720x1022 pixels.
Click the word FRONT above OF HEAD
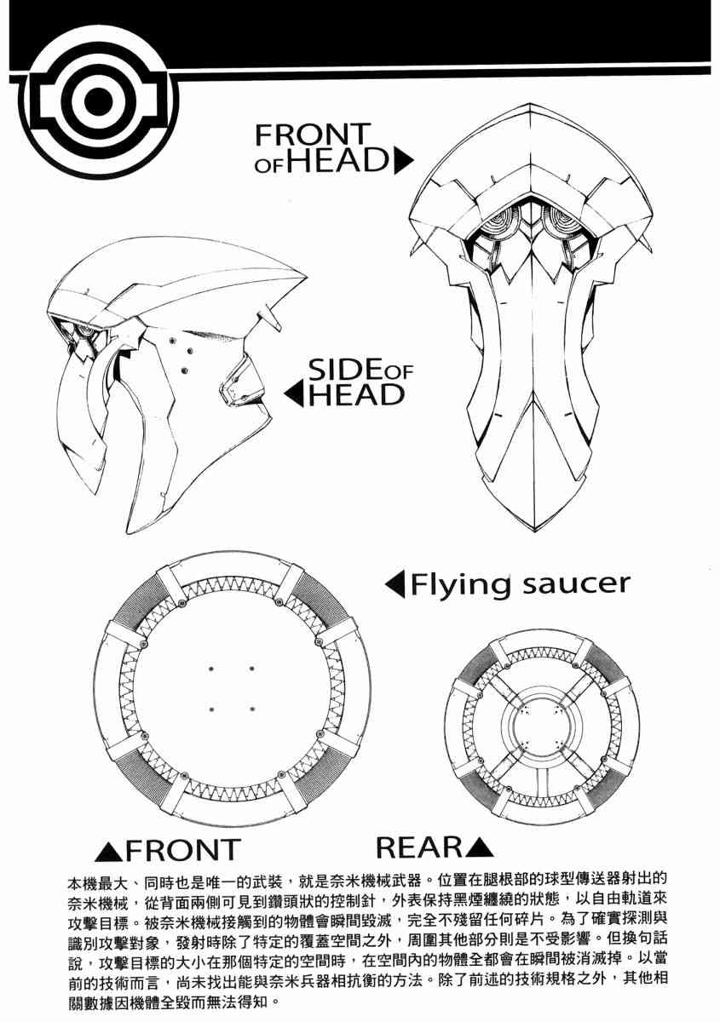tap(314, 135)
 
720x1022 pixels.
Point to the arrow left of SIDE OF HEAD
tap(293, 394)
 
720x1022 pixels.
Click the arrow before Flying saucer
tap(395, 584)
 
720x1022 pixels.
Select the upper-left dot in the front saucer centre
tap(211, 668)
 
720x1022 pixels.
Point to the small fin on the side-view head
tap(271, 318)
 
